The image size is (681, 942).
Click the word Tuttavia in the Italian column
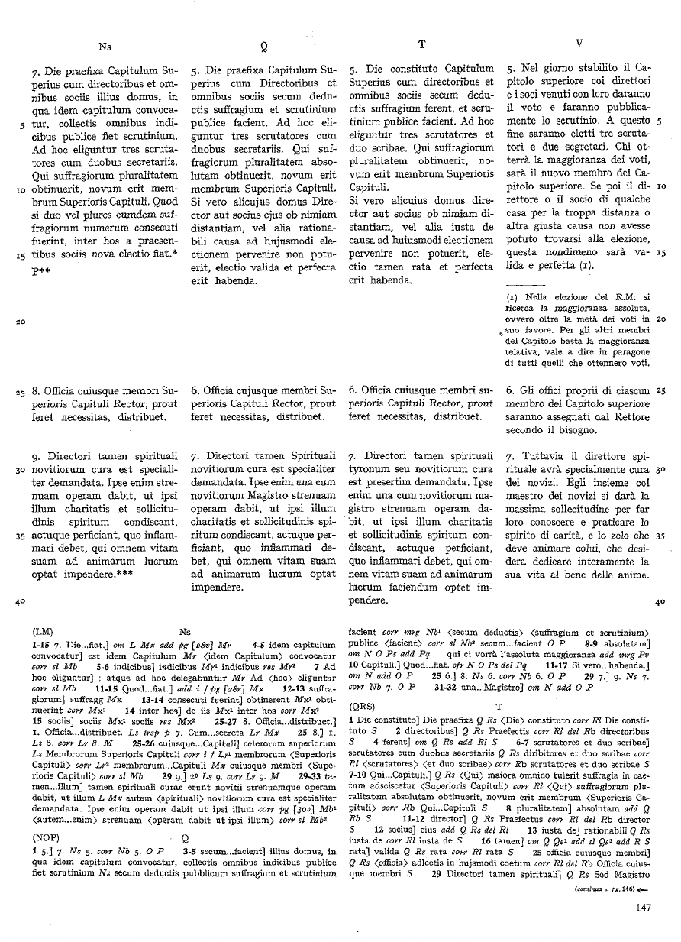(x=540, y=455)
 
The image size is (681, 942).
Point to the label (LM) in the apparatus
(x=43, y=632)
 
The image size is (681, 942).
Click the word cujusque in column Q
(x=244, y=390)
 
